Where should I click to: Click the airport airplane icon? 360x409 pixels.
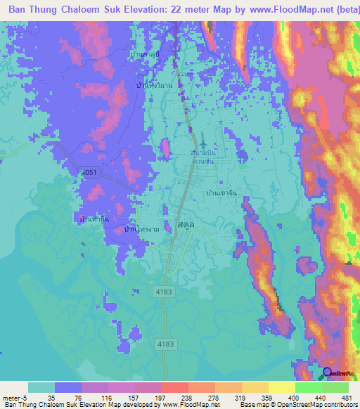(x=203, y=145)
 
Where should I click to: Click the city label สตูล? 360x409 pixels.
(x=186, y=227)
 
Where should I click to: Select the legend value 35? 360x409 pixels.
(x=51, y=397)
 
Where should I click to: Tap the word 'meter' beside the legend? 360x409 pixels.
(x=13, y=397)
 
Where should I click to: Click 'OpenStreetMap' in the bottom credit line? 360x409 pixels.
(x=303, y=405)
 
